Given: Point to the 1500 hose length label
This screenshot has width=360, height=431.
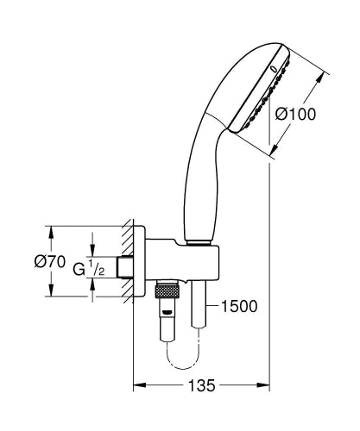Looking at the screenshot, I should click(x=239, y=304).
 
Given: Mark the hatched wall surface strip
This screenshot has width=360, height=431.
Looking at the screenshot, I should click(x=127, y=263).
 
